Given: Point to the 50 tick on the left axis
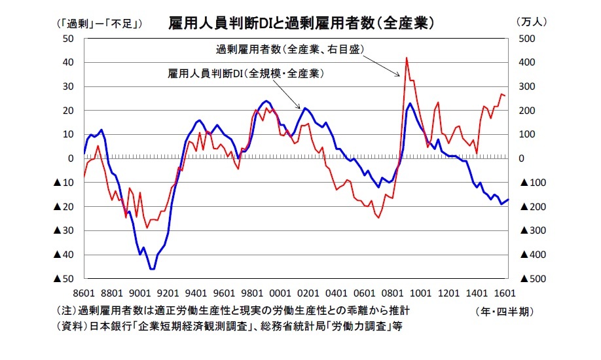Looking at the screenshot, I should (67, 39).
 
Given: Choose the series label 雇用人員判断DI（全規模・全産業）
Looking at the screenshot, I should (246, 74).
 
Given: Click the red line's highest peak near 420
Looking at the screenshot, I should (407, 58).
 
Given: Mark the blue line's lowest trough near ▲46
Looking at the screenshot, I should (152, 269).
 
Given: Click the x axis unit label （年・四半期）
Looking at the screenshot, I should (508, 312).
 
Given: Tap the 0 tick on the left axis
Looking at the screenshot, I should (71, 158).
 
